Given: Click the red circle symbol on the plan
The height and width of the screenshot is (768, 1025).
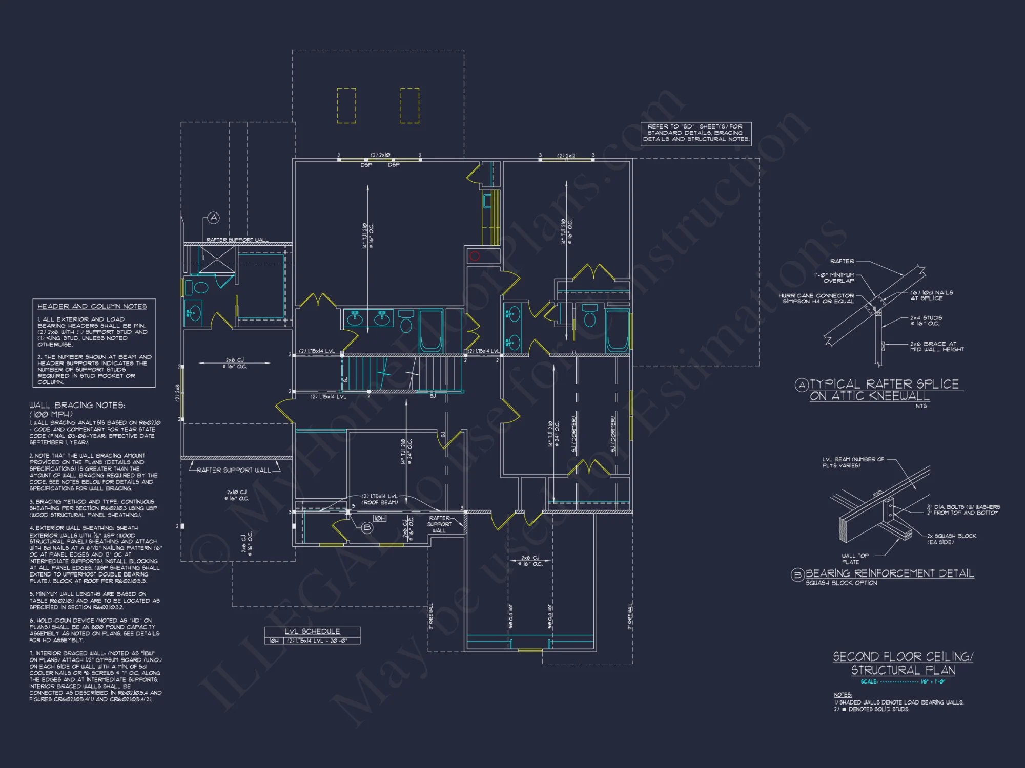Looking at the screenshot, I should pos(475,256).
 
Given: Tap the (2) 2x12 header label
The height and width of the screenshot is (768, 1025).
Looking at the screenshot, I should pos(566,155).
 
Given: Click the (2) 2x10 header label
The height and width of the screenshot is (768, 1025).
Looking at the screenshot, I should pos(380,155).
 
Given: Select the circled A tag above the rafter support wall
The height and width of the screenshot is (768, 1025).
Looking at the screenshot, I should pos(214,218).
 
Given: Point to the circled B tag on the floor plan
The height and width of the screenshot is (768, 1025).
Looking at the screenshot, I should pos(367,528).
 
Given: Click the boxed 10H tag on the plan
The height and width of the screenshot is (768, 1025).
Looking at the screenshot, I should pos(379,519).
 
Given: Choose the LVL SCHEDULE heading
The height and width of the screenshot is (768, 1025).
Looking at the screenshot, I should pos(312,631).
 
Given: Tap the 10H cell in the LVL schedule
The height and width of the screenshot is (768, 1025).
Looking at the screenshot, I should pos(274,641).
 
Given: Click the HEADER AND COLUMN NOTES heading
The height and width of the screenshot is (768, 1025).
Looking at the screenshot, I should pos(92,306).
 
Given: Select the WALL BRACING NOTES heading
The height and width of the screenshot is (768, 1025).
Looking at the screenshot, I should pos(77,405).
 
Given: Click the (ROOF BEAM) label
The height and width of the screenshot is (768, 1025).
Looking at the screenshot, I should pos(380,502).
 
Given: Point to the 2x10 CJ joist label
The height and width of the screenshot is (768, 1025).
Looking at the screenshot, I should pos(236,495).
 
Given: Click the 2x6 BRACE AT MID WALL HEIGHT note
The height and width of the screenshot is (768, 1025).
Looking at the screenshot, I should pos(936,347).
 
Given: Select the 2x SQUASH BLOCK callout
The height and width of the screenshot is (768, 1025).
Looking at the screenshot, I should pos(951,539).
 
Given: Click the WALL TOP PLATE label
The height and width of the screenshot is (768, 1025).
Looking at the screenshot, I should pos(855,559).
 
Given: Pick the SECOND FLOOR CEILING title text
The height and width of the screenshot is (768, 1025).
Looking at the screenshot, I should pos(903,656).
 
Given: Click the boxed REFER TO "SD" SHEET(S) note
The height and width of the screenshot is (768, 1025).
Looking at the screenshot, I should pos(695,133).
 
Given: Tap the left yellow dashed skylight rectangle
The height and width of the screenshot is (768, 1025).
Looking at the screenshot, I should pos(346,105).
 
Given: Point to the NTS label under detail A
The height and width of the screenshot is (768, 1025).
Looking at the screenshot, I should pos(921,406).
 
